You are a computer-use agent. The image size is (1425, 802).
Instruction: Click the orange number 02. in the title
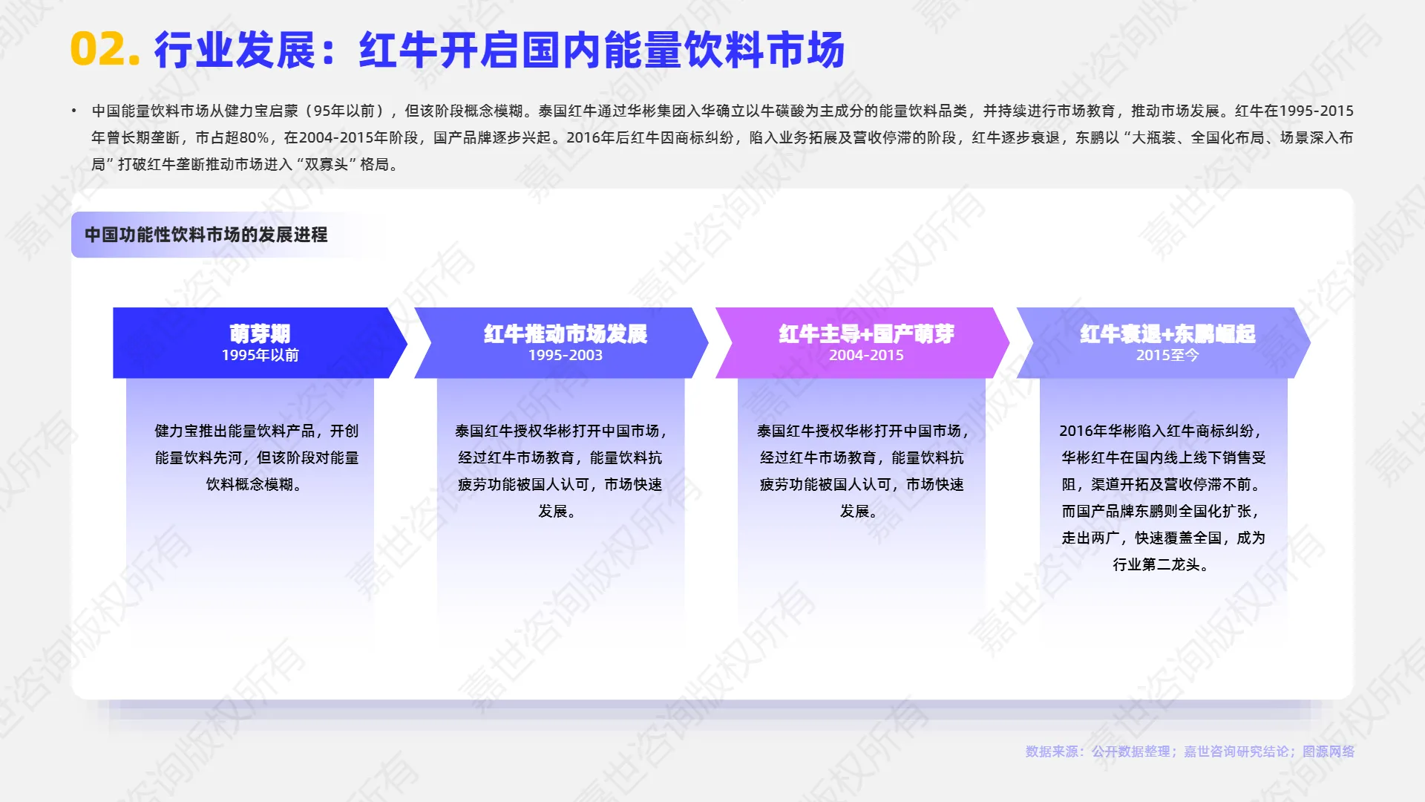click(x=105, y=50)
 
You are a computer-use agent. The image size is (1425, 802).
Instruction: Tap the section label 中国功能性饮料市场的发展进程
click(x=206, y=235)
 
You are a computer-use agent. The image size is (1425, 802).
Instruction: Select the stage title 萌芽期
click(x=260, y=333)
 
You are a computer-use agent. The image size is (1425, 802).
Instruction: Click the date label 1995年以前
click(x=260, y=356)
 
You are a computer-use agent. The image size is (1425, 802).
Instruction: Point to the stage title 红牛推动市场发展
click(x=566, y=333)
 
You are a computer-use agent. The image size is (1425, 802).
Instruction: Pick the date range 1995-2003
click(x=566, y=356)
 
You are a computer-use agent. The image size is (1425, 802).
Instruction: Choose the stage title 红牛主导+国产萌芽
click(x=866, y=333)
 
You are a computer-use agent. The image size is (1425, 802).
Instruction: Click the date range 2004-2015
click(x=866, y=356)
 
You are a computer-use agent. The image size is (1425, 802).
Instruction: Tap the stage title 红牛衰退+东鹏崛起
click(x=1167, y=333)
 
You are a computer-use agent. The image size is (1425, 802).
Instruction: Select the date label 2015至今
click(x=1167, y=356)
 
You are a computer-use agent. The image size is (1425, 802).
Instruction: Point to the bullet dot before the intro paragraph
click(x=74, y=111)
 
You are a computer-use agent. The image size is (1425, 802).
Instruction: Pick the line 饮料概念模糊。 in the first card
click(x=255, y=484)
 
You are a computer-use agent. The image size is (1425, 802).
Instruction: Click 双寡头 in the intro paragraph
click(x=327, y=164)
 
